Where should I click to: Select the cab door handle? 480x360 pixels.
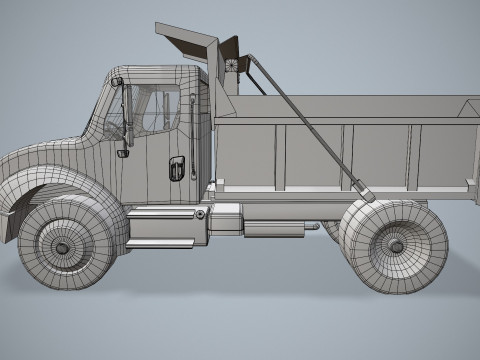[x=176, y=168]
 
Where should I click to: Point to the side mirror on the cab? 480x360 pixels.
[x=125, y=120]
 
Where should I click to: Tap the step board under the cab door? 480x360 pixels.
[x=160, y=243]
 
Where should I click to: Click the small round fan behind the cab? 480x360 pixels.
[x=234, y=66]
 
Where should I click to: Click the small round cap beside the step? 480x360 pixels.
[x=200, y=214]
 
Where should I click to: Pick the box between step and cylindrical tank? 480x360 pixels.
[x=227, y=219]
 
